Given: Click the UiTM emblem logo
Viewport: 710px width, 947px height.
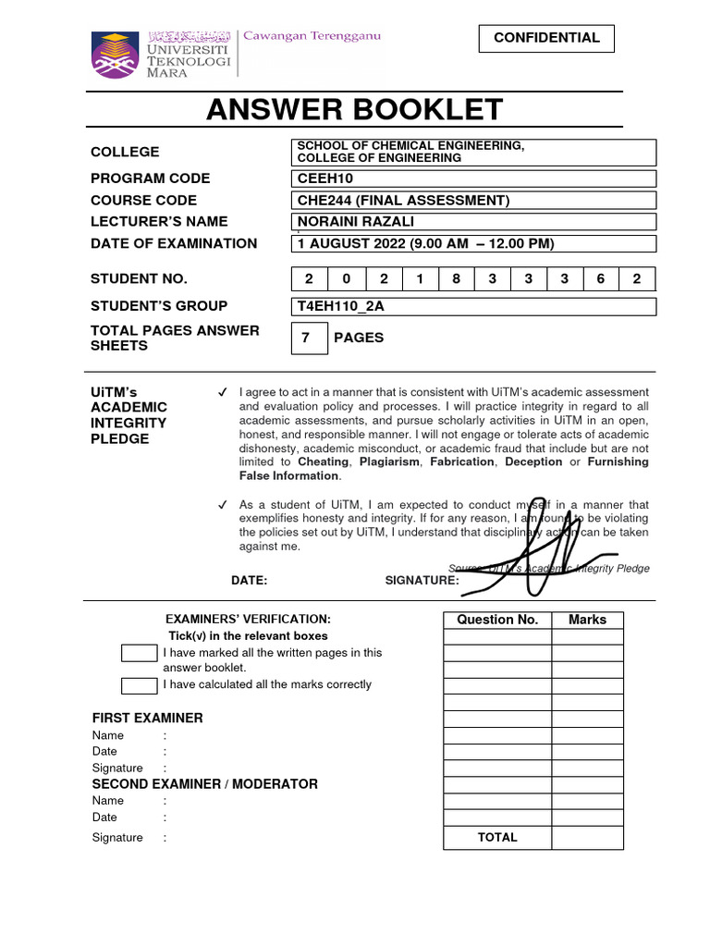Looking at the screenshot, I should point(116,55).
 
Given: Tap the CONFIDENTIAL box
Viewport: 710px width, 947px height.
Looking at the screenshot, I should point(546,38).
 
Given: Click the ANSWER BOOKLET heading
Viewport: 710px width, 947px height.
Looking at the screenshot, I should point(354,110).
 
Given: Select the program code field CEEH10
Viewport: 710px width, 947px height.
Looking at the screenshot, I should point(473,178).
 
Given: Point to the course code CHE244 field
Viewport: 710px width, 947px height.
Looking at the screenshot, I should point(473,201).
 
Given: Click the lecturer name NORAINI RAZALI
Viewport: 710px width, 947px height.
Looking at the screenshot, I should point(473,222).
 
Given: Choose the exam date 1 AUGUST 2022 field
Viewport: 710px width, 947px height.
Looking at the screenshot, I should point(473,244).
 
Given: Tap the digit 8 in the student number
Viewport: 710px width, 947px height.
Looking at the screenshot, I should point(456,279).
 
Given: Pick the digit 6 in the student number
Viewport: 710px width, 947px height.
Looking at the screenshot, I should point(600,279).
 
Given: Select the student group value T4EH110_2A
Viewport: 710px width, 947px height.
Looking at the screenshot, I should point(473,307).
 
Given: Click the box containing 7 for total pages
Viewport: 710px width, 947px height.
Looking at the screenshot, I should point(310,338).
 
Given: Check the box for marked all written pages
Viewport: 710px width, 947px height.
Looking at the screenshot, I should point(140,654).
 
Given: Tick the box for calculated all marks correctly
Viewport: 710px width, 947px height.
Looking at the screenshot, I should point(140,685).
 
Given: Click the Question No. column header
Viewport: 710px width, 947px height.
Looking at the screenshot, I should point(497,620).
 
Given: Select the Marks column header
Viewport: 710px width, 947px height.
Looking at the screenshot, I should point(587,620).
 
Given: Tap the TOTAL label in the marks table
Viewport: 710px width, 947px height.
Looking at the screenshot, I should point(497,837).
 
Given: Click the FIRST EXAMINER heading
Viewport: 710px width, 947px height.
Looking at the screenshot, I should point(147,718).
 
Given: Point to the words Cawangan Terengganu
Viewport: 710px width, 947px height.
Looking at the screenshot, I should point(312,36).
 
